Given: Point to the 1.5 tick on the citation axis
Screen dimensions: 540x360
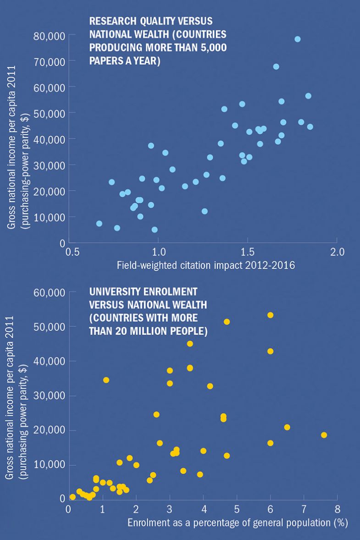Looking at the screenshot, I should click(x=247, y=253).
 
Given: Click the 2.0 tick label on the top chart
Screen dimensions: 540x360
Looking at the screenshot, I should click(x=337, y=253).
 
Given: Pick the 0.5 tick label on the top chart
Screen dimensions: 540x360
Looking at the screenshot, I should click(x=71, y=253).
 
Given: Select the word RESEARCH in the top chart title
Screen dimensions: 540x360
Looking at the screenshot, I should click(x=110, y=22).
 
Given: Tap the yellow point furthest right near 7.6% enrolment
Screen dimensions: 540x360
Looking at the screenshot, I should click(x=324, y=435).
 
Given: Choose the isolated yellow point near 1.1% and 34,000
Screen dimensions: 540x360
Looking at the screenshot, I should click(x=106, y=380).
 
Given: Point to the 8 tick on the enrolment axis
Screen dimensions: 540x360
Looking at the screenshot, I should click(x=337, y=509).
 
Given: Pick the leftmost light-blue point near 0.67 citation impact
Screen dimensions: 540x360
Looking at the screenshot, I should click(x=99, y=224).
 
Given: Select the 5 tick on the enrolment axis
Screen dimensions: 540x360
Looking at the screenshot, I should click(x=236, y=509).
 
